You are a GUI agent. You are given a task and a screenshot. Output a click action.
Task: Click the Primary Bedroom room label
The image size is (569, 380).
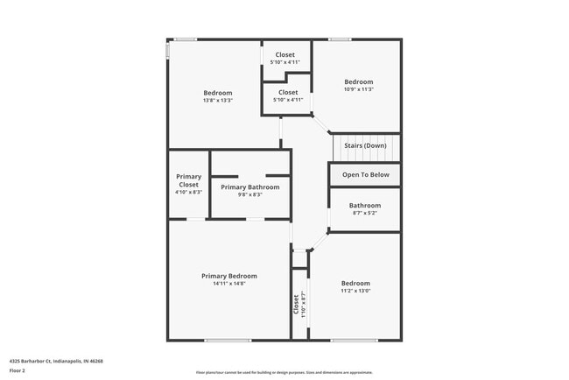(228, 276)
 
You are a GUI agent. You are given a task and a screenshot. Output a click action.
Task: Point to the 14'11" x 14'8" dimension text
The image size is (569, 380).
(228, 284)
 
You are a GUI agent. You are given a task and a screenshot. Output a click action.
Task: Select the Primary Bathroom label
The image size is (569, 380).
(250, 186)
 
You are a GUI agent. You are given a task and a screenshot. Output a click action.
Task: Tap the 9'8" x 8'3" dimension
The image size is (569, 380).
(250, 194)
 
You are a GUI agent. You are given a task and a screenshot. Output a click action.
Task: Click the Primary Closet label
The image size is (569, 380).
(189, 180)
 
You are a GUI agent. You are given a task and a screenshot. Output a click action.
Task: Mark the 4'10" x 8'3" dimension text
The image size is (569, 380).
(189, 192)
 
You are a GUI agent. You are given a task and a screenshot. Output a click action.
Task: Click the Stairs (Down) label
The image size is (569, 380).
(365, 145)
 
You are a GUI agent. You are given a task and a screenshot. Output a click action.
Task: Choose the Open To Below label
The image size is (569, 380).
(365, 174)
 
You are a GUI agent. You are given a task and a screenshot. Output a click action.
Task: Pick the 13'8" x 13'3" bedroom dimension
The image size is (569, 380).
(218, 101)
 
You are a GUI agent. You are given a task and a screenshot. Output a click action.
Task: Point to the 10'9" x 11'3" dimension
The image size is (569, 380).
(358, 89)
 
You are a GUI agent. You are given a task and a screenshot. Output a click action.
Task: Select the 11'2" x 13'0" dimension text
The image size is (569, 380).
(355, 291)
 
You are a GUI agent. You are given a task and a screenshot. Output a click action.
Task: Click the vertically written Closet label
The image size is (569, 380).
(296, 304)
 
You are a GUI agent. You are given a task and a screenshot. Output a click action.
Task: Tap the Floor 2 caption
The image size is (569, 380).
(18, 369)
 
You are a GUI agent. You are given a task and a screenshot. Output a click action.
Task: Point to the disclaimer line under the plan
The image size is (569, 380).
(284, 372)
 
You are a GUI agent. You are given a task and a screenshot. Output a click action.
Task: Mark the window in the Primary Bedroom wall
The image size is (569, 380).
(228, 340)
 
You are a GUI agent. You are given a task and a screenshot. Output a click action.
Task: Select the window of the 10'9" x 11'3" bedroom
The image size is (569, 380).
(340, 39)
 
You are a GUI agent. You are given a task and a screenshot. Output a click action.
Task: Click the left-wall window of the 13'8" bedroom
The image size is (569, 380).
(168, 51)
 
